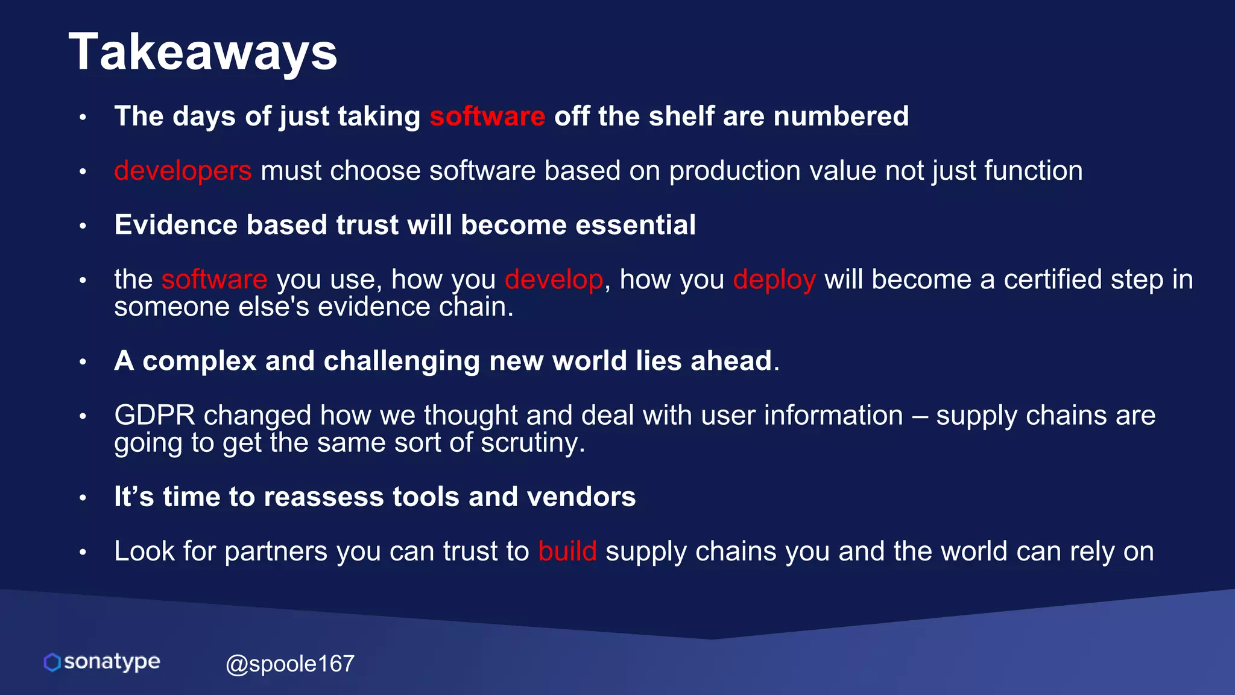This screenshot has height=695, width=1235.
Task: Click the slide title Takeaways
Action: [203, 53]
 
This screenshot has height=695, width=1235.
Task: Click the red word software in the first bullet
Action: [487, 116]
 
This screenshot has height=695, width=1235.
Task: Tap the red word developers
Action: [183, 171]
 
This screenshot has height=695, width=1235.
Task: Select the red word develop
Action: [554, 279]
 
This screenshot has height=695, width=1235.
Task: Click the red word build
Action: [567, 551]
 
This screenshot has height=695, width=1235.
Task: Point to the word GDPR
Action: [155, 415]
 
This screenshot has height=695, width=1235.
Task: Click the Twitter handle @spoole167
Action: [289, 664]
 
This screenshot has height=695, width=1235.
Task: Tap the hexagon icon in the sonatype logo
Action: [52, 662]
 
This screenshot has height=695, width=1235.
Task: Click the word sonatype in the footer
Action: [112, 662]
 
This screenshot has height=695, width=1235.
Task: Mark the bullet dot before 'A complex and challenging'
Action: [83, 362]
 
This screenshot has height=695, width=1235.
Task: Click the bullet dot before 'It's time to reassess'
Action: [83, 498]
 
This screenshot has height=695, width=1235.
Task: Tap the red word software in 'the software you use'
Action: [214, 279]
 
